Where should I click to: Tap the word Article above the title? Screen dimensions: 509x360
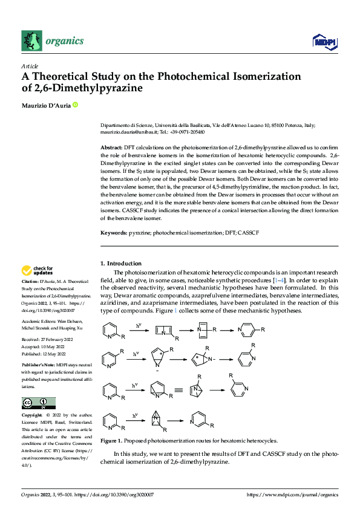29,66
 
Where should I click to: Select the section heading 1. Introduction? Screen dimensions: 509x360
120,264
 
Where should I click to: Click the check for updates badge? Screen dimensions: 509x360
37,270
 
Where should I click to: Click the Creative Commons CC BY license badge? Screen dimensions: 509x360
38,403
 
